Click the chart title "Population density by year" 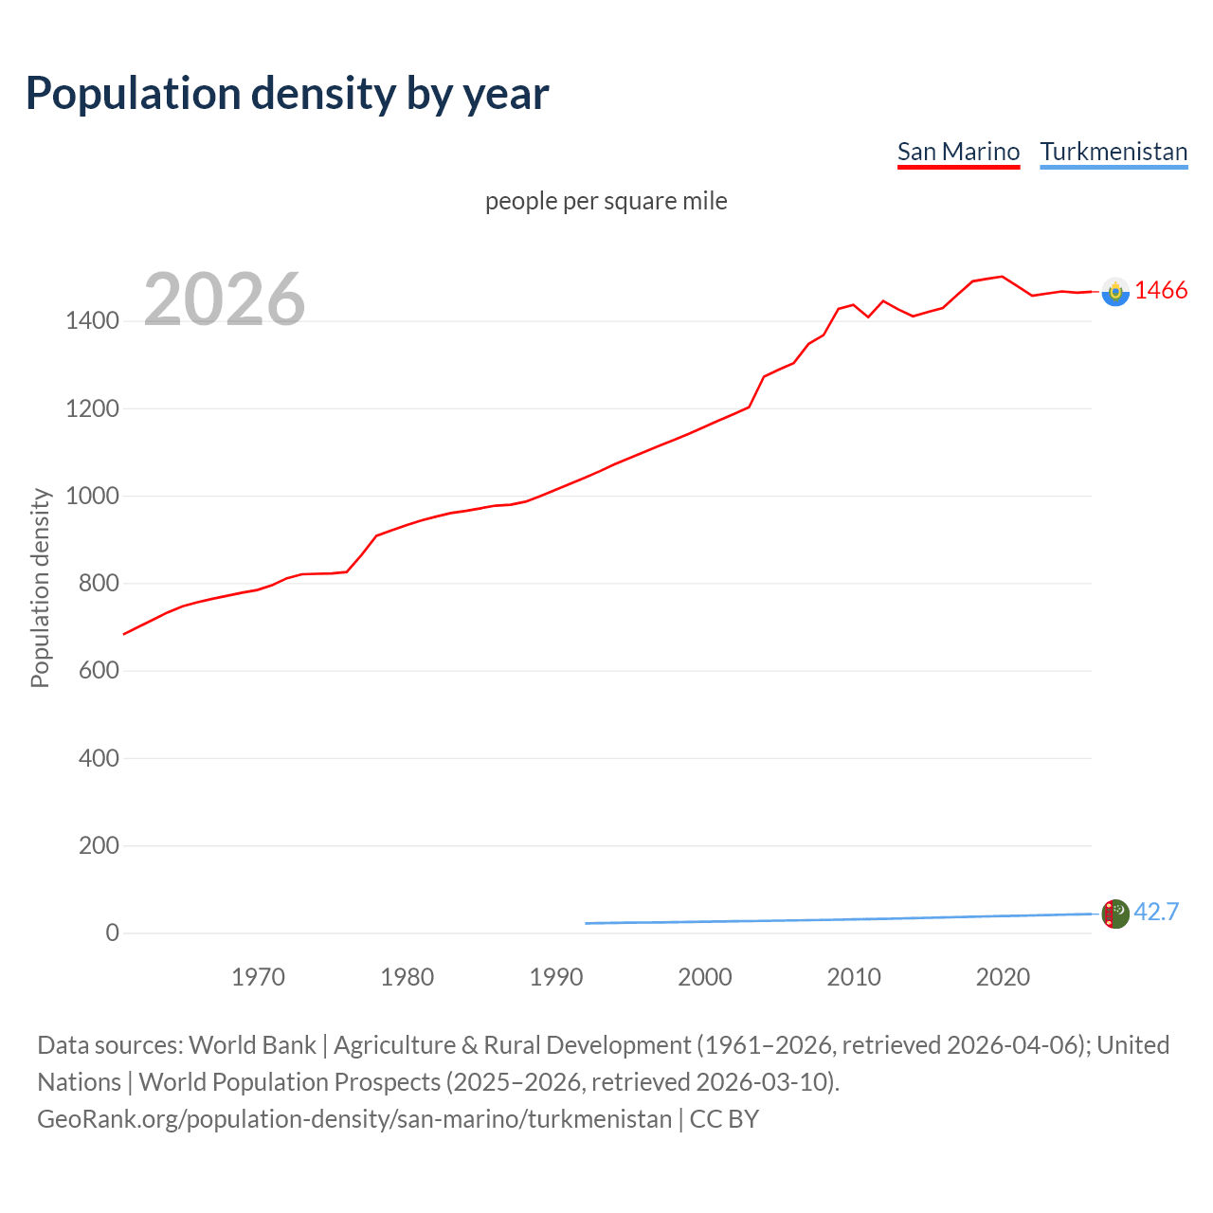pos(287,94)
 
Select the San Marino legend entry pos(958,152)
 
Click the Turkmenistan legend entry pos(1113,152)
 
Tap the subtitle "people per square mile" pos(606,201)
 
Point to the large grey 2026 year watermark pos(225,299)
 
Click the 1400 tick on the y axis pos(92,321)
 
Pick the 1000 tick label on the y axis pos(92,496)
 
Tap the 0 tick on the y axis pos(113,932)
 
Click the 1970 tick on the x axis pos(259,977)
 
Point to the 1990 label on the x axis pos(556,977)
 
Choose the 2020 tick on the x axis pos(1003,977)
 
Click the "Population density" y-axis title pos(40,588)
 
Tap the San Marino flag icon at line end pos(1115,292)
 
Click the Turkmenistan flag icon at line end pos(1115,914)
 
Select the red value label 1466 pos(1161,291)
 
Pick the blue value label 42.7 pos(1156,912)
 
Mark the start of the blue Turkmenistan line pos(587,923)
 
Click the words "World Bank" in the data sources pos(252,1045)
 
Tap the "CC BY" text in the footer pos(724,1119)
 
